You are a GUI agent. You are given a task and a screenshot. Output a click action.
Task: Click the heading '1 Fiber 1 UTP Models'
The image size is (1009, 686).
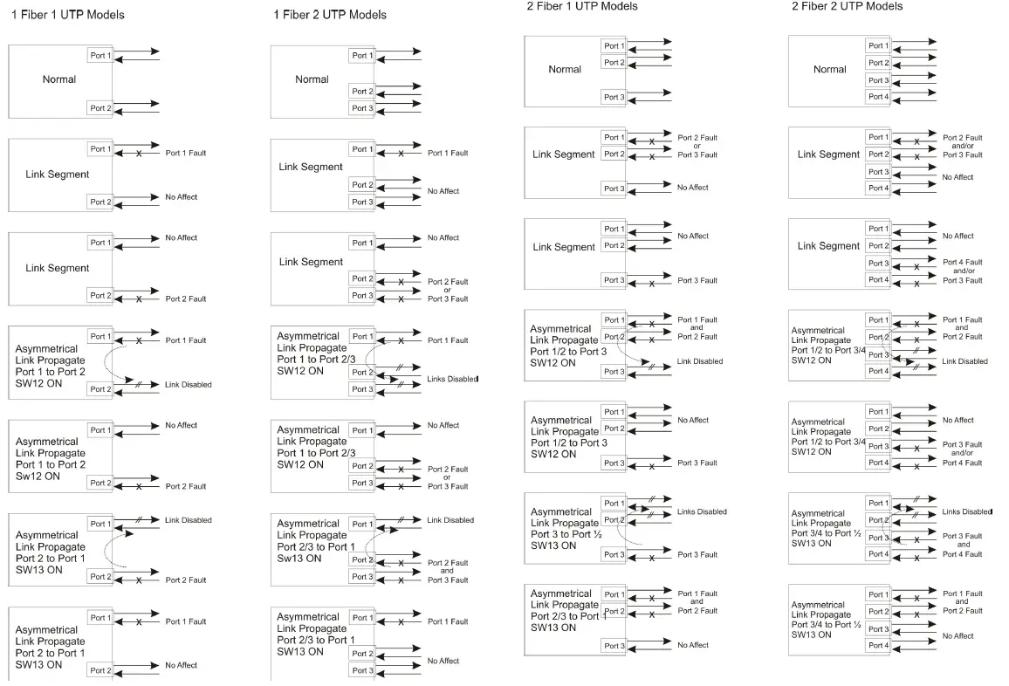67,15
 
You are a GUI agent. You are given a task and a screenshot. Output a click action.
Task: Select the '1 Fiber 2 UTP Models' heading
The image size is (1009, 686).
329,15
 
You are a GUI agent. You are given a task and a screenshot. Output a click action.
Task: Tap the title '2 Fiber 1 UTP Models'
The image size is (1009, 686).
581,6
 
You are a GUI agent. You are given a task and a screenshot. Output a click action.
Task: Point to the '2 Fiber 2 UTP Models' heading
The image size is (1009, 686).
847,6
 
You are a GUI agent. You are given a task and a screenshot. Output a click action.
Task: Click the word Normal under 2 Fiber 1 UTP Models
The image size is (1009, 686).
565,70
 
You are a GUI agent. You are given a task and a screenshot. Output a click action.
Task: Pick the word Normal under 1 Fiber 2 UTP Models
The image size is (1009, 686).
312,79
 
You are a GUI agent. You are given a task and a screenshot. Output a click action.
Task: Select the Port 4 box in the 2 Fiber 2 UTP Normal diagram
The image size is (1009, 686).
878,97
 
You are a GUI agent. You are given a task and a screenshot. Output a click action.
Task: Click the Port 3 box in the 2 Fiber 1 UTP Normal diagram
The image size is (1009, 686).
614,97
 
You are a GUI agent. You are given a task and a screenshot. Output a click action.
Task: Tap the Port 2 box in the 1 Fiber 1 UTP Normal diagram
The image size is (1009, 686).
100,108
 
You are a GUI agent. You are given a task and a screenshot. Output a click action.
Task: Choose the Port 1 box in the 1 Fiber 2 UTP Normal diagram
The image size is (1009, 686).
362,56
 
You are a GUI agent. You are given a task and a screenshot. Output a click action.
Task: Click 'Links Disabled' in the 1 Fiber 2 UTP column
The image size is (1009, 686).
453,379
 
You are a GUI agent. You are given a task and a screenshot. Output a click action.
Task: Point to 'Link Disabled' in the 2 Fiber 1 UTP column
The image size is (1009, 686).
700,361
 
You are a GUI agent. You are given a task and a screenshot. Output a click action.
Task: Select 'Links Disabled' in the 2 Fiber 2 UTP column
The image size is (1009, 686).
967,511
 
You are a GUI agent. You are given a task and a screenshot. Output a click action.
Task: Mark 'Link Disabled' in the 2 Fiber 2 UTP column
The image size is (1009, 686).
965,361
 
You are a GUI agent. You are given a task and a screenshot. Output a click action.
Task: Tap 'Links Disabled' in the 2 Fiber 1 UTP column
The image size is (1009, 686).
702,512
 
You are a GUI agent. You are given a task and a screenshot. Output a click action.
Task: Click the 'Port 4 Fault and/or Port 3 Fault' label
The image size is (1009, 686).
962,271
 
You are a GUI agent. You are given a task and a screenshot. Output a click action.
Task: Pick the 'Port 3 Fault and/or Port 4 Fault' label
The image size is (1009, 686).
962,454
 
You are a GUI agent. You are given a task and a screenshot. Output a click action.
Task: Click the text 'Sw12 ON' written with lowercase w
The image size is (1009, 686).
38,477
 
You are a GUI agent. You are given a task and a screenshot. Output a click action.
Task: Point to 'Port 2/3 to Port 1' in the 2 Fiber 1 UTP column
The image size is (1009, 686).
566,616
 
